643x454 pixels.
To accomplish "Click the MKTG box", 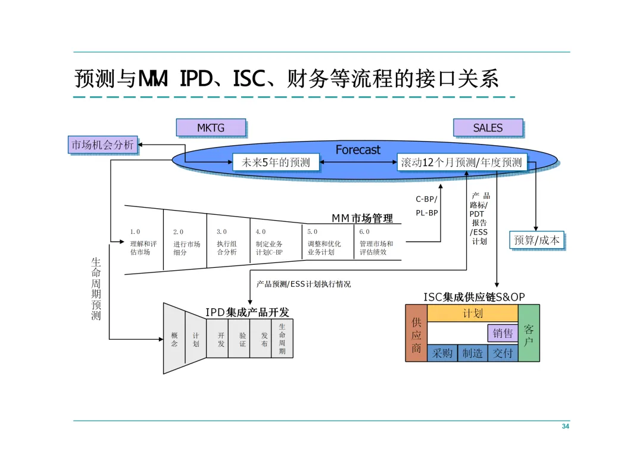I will (x=211, y=127).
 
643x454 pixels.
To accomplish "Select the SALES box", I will (x=488, y=127).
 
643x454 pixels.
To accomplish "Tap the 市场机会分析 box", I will (x=103, y=145).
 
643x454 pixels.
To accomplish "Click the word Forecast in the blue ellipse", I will (x=357, y=150).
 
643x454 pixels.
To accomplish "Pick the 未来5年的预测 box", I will (x=276, y=162).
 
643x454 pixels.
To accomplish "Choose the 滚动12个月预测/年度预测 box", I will (x=461, y=162).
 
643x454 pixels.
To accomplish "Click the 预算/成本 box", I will (x=536, y=240).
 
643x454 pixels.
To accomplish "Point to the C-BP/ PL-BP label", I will (x=426, y=206).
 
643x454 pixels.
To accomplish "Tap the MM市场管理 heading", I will (x=362, y=218).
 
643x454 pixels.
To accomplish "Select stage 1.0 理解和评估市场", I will (x=143, y=243).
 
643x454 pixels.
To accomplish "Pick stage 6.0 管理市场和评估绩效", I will (x=376, y=243).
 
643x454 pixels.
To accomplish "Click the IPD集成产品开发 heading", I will (x=247, y=312).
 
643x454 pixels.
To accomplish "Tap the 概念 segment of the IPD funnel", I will (x=174, y=339).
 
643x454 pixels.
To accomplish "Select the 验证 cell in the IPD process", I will (x=242, y=339).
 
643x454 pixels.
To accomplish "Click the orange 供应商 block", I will (x=416, y=333).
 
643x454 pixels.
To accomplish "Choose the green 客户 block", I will (x=529, y=333).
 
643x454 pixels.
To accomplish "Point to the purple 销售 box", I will (x=502, y=333).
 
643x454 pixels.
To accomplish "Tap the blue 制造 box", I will (x=473, y=353).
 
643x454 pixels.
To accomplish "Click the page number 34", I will (x=565, y=427).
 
